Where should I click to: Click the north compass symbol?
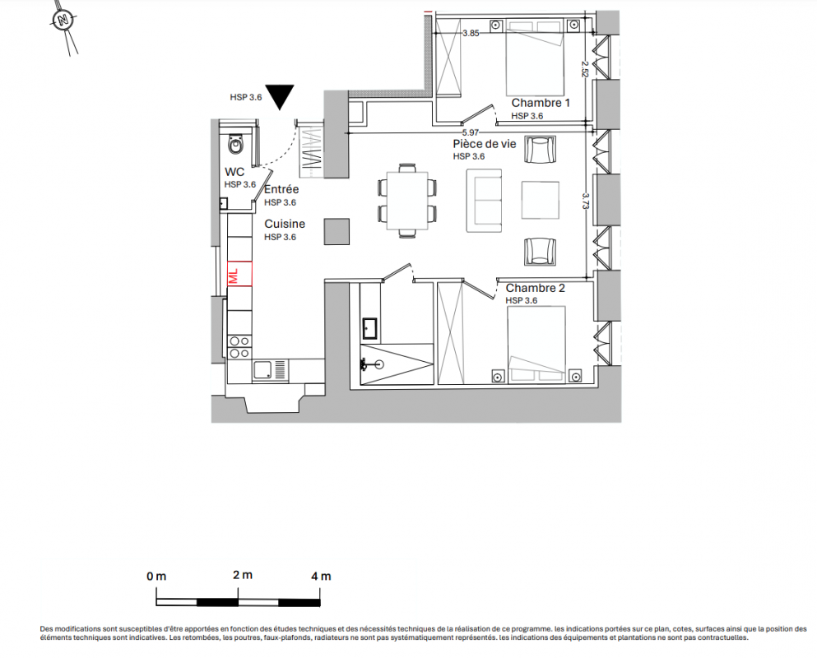click(63, 21)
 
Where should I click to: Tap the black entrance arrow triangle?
click(280, 95)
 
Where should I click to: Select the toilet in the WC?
click(237, 145)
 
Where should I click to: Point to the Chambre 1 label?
click(541, 103)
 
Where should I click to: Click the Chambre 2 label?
click(536, 288)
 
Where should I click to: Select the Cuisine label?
click(285, 224)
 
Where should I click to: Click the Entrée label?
click(281, 189)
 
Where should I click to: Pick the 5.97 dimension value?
click(470, 132)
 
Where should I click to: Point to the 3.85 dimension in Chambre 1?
click(470, 34)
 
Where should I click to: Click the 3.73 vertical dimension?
click(586, 202)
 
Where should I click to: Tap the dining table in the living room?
click(406, 201)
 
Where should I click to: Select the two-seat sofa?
click(484, 201)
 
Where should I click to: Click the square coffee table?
click(541, 200)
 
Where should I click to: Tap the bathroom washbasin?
click(369, 328)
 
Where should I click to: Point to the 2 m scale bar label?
click(242, 575)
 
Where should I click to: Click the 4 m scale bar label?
click(321, 576)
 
